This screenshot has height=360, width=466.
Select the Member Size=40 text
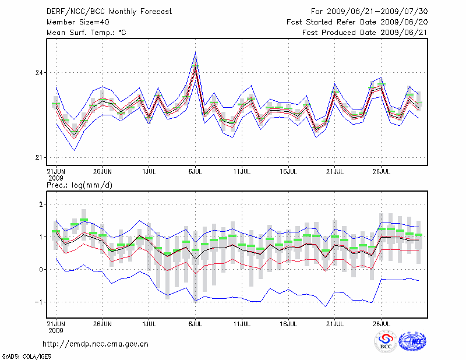tap(75, 22)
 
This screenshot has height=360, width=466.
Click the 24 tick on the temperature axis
tap(40, 73)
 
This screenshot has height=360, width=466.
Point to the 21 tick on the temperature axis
tap(40, 158)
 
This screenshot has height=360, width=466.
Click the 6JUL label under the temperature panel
tap(195, 172)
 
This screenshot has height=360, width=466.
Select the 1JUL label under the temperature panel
tap(149, 172)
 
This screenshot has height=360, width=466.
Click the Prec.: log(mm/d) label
tap(79, 185)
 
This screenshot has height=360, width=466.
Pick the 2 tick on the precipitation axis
tap(41, 204)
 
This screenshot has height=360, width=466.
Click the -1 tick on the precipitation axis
tap(40, 302)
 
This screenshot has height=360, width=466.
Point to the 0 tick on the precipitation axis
tap(41, 270)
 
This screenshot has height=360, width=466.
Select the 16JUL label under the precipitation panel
tap(288, 323)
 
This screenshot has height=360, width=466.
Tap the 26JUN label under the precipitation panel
tap(102, 323)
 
